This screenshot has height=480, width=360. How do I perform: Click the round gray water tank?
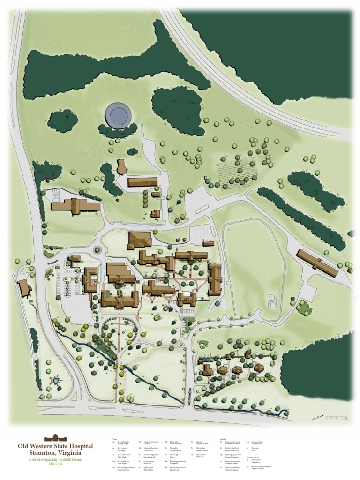coord(117,114)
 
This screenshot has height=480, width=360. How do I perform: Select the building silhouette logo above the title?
coord(55,438)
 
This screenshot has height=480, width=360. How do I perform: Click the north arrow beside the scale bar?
coord(319,417)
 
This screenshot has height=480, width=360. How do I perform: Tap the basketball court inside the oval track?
coord(272,298)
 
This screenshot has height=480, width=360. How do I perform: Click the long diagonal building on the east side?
coord(317,263)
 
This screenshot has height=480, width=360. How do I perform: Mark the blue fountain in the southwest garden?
coord(56,380)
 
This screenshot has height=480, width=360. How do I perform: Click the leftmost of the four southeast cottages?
coord(208,370)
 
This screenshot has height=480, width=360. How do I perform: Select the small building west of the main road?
coord(23,288)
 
